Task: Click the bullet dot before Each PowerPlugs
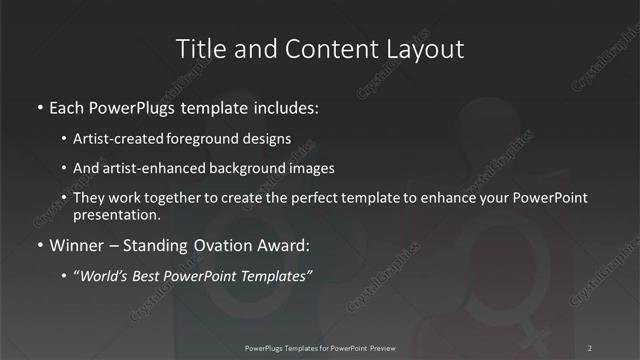[x=39, y=105]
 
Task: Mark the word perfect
[x=306, y=199]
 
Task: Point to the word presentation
[x=116, y=215]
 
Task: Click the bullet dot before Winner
[x=39, y=246]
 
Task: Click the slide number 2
[x=590, y=348]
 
